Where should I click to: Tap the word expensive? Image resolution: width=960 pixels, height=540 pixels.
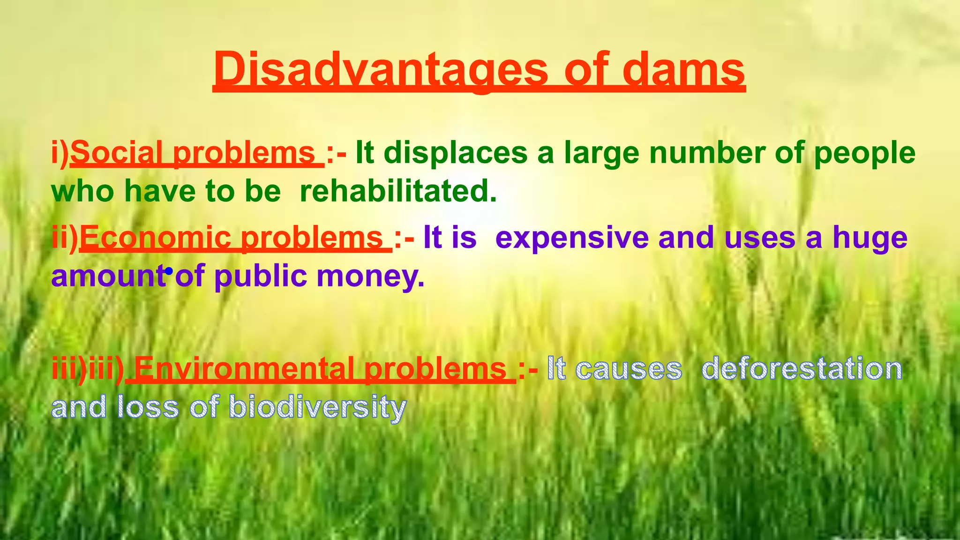coord(572,238)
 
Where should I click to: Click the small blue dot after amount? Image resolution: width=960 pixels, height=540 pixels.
coord(169,270)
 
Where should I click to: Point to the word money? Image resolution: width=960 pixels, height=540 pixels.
coord(370,277)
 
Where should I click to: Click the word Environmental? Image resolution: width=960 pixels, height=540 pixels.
coord(244,369)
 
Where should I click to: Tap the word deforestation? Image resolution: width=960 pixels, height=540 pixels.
coord(802,369)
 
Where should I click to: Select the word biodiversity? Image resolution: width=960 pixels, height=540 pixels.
coord(317,407)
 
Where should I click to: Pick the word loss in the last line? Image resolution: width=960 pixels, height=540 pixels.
coord(148,406)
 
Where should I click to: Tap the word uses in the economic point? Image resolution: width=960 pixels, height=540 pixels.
coord(759,238)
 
